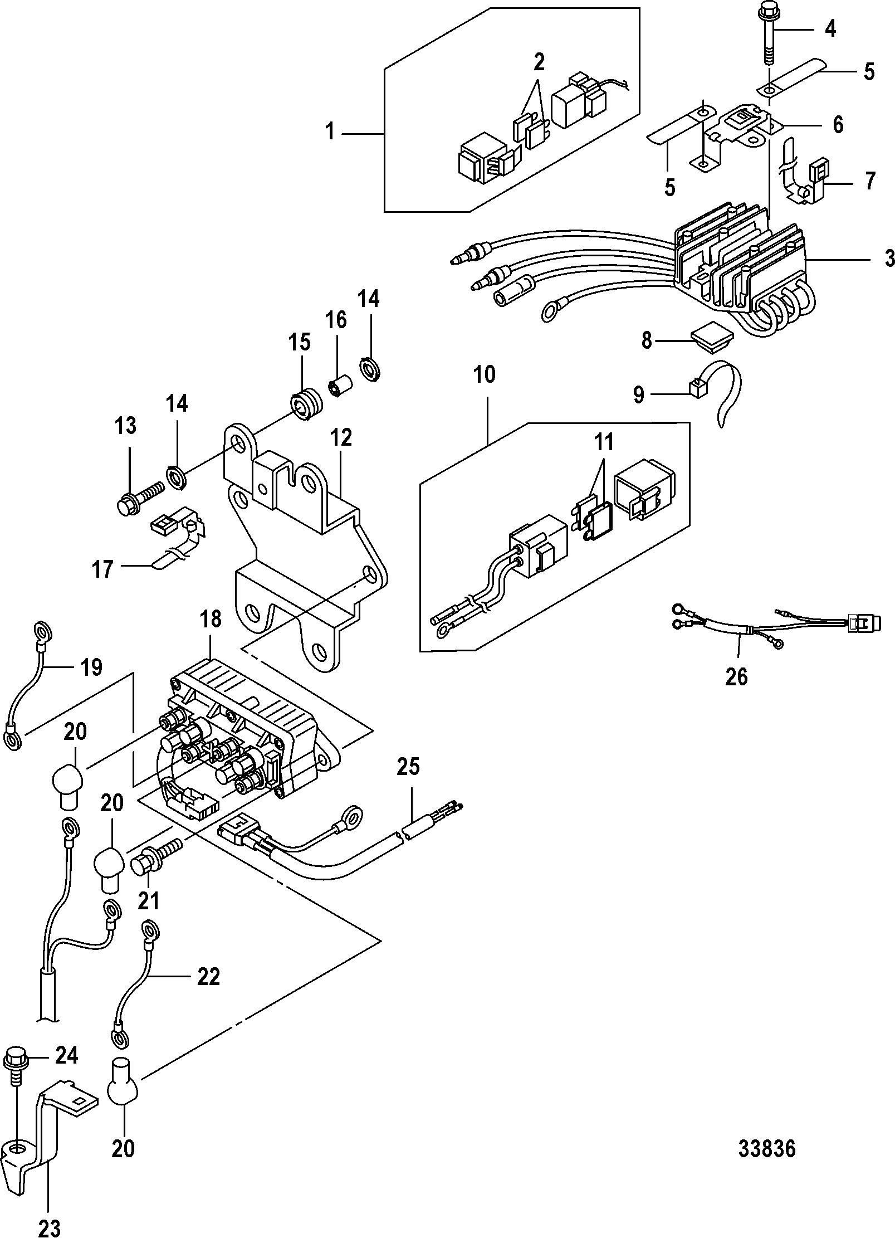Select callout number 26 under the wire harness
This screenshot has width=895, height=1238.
[736, 676]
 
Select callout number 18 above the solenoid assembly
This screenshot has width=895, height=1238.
[212, 620]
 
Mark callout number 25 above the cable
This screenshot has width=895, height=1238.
[409, 768]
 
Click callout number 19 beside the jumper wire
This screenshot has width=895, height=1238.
[91, 667]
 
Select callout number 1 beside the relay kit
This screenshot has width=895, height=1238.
[330, 133]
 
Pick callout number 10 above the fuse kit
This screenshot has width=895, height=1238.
[485, 374]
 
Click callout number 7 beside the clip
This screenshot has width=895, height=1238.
[869, 181]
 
